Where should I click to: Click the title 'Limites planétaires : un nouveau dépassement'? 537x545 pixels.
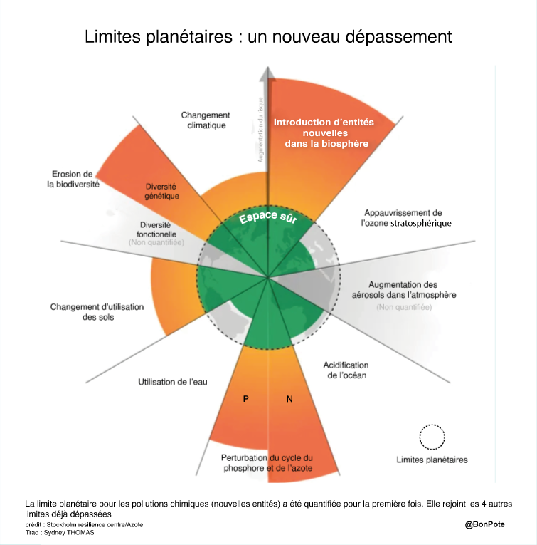point(268,36)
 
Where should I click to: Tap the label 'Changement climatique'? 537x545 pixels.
point(206,120)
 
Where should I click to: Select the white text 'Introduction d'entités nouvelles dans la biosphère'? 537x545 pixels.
point(324,133)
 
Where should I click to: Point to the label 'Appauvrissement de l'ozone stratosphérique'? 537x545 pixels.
point(405,218)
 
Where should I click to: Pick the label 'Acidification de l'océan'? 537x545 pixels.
point(347,370)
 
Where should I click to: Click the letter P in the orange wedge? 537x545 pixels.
point(245,399)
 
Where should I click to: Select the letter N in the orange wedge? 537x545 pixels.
point(289,399)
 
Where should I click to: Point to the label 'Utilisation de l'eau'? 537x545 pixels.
point(173,383)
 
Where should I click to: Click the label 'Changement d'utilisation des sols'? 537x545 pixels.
point(97,312)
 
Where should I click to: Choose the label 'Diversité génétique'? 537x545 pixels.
point(162,191)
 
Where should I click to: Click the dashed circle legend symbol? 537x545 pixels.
point(432,437)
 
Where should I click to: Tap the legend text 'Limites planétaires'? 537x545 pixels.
point(432,460)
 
